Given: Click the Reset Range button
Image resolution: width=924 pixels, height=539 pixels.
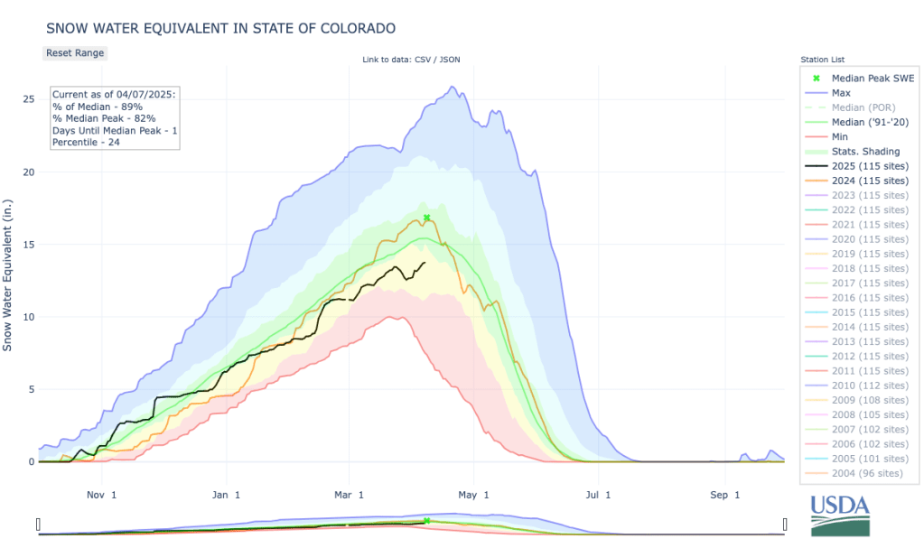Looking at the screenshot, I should [x=75, y=52].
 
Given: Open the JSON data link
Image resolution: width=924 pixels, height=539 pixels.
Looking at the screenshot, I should [x=452, y=60].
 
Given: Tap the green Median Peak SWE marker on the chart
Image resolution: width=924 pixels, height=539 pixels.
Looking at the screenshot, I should [x=426, y=218].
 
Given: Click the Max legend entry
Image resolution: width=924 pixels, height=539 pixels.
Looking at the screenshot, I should [x=841, y=93].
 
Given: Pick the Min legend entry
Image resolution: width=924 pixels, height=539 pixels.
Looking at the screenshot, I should [x=840, y=136].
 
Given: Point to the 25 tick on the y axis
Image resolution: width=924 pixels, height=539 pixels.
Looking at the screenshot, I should [x=28, y=99].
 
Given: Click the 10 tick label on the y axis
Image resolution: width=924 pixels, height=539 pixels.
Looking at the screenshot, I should [x=28, y=317].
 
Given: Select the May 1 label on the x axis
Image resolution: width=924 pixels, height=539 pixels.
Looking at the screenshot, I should [x=473, y=495].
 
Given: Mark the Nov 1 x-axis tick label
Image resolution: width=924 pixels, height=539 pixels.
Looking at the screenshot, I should [x=100, y=495].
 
